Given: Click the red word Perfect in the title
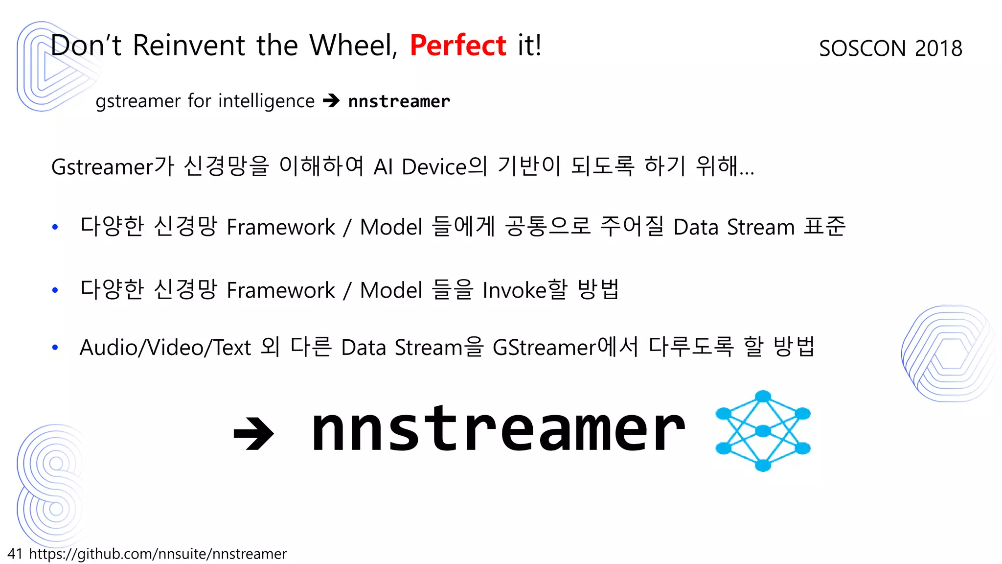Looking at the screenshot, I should pyautogui.click(x=457, y=46).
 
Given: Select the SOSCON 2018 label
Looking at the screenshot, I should pyautogui.click(x=890, y=48).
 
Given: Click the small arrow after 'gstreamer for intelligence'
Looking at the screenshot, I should pyautogui.click(x=331, y=101).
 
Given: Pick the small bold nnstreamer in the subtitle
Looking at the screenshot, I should pyautogui.click(x=399, y=101).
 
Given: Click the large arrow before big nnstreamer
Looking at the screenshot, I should pyautogui.click(x=253, y=433).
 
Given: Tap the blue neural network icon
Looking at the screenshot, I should pyautogui.click(x=762, y=431).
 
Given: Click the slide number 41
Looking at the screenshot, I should pyautogui.click(x=15, y=554).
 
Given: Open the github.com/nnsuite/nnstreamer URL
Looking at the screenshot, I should pyautogui.click(x=158, y=554).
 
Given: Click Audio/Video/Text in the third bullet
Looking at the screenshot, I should pyautogui.click(x=165, y=348).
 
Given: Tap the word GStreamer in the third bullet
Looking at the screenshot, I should pyautogui.click(x=544, y=348).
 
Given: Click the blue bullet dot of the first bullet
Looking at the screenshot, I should pyautogui.click(x=55, y=227).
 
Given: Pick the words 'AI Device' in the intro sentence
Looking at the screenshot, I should pyautogui.click(x=420, y=167).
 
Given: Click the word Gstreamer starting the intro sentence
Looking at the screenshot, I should pyautogui.click(x=102, y=167).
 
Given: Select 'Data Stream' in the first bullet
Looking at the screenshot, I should pyautogui.click(x=734, y=227).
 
